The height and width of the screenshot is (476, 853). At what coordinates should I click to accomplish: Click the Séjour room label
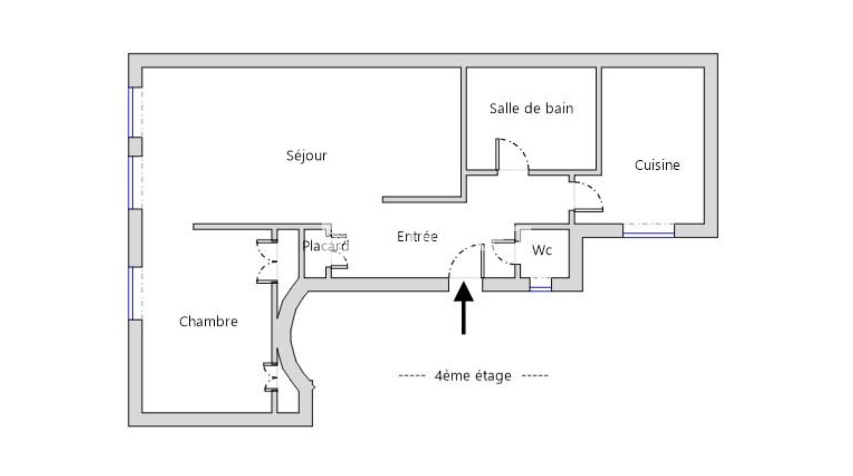click(x=306, y=156)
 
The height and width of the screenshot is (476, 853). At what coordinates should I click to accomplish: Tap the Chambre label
click(x=208, y=322)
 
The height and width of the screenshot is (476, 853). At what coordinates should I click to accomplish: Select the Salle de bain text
click(x=531, y=109)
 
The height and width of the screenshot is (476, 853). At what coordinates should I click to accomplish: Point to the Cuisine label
click(x=657, y=165)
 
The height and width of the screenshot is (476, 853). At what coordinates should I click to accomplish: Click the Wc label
click(x=542, y=250)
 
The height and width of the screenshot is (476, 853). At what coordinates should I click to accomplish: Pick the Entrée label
click(x=417, y=237)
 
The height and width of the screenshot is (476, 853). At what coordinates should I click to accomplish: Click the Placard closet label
click(x=325, y=246)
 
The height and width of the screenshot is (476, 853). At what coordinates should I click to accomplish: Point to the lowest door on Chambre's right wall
click(x=270, y=377)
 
